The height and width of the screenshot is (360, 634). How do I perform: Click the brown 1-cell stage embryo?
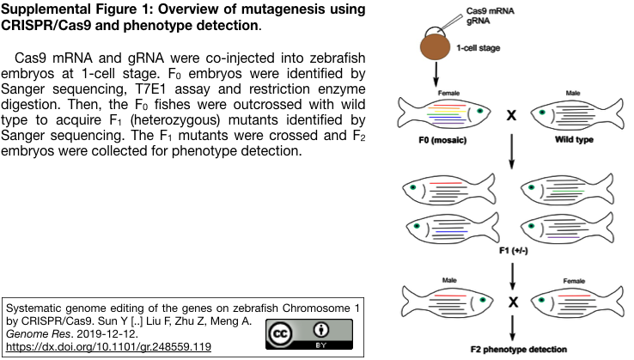click(435, 47)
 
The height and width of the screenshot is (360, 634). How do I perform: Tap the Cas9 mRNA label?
click(490, 11)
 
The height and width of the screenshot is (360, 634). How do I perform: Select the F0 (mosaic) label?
click(442, 140)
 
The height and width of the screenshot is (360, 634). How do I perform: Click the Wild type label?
click(574, 139)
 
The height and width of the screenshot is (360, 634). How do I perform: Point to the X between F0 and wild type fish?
click(511, 115)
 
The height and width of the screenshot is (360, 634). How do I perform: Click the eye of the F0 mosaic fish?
click(480, 111)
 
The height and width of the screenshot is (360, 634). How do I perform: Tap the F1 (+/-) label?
click(514, 250)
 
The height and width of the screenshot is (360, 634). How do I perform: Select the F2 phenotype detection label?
click(519, 349)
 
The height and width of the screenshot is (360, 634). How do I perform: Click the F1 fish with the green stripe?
click(567, 189)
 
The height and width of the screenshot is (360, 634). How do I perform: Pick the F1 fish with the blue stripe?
click(453, 229)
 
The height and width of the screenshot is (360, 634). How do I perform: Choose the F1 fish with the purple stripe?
click(567, 229)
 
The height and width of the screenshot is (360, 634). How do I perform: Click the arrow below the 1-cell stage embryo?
click(436, 74)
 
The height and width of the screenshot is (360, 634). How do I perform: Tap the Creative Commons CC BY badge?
click(309, 334)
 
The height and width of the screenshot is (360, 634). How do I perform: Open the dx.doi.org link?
click(108, 346)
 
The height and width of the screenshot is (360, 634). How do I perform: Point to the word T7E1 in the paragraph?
click(150, 88)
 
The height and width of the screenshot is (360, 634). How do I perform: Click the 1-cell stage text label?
click(479, 48)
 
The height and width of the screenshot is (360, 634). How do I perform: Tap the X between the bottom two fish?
click(513, 302)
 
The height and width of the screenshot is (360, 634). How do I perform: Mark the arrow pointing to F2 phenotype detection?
click(513, 328)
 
